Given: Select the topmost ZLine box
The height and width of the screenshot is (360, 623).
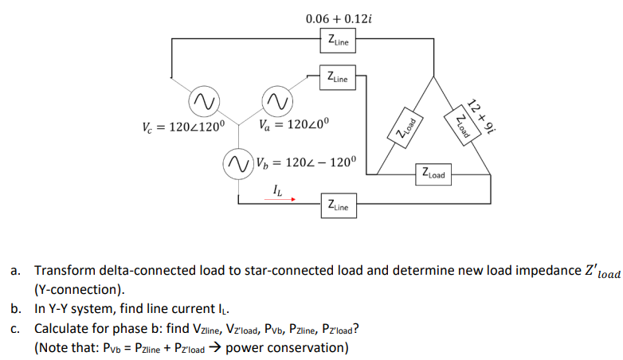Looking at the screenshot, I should coord(339,41).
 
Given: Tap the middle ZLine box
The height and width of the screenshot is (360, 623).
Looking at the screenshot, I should coord(339,77).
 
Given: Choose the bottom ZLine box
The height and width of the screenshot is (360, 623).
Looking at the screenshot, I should coord(338,205).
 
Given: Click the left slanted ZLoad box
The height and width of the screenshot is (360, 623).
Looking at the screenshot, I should coord(406,128).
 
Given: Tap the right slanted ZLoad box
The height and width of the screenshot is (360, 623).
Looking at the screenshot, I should coord(460,128).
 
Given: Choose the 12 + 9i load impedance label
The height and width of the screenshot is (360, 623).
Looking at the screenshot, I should coord(480,115).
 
